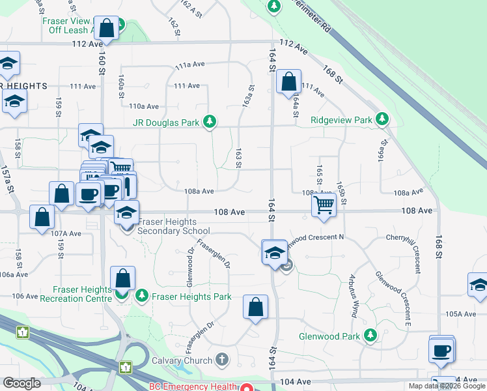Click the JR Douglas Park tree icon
[x=210, y=121]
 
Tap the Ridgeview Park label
[x=341, y=120]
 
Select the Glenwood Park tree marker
[x=370, y=336]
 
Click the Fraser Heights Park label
[x=191, y=297]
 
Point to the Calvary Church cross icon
[x=222, y=360]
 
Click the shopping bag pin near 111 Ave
[x=288, y=82]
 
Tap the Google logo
[x=22, y=383]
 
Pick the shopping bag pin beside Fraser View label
[x=106, y=28]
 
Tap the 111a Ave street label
[x=189, y=66]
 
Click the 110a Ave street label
[x=144, y=106]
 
